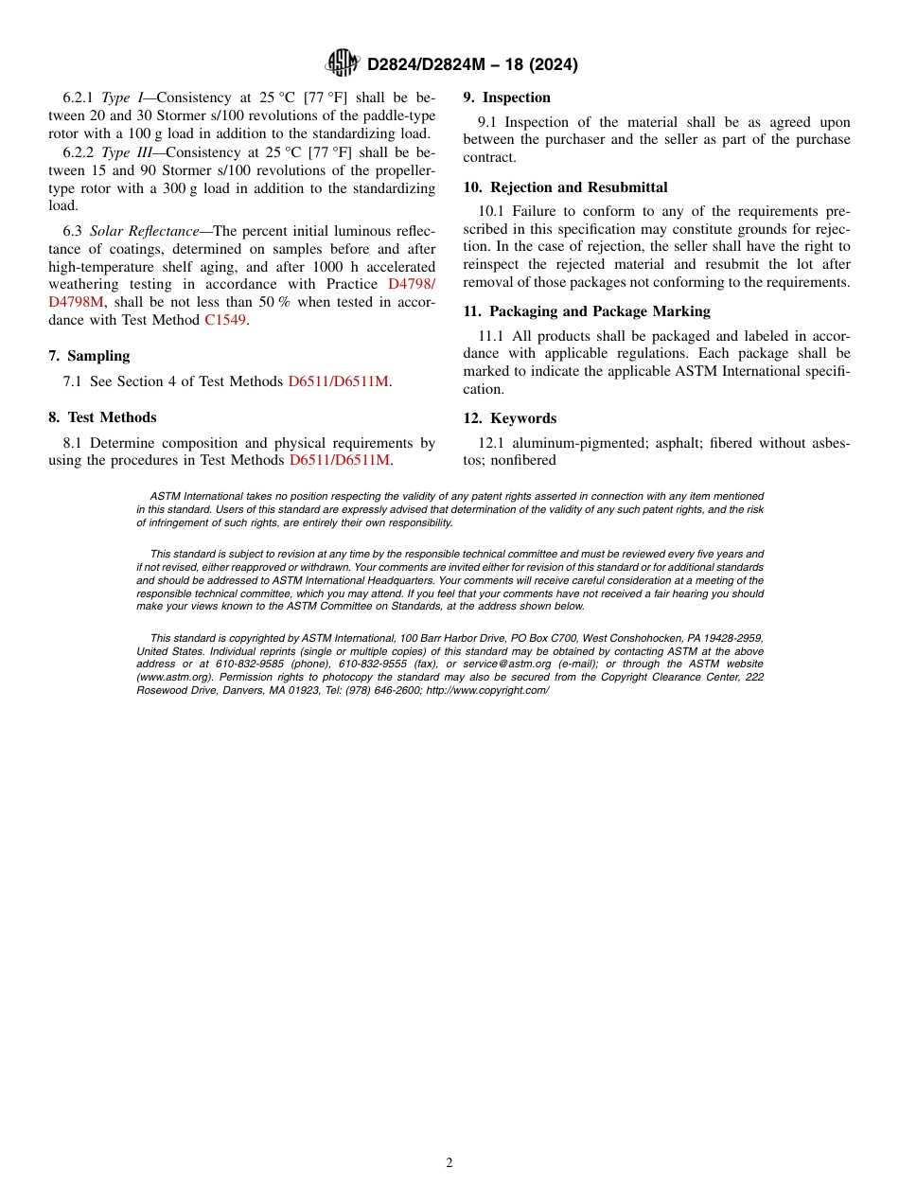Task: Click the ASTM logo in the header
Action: [342, 63]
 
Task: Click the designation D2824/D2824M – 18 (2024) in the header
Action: [472, 64]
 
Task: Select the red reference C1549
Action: [225, 320]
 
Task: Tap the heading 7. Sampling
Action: [89, 356]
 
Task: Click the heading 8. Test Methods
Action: [102, 417]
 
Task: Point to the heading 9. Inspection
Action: [506, 97]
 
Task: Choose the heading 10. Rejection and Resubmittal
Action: [565, 187]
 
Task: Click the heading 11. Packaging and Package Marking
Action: [586, 311]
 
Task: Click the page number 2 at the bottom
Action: [449, 1163]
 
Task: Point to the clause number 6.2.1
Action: [79, 97]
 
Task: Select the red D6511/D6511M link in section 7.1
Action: [339, 381]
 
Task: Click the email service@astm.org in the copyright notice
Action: [506, 664]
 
